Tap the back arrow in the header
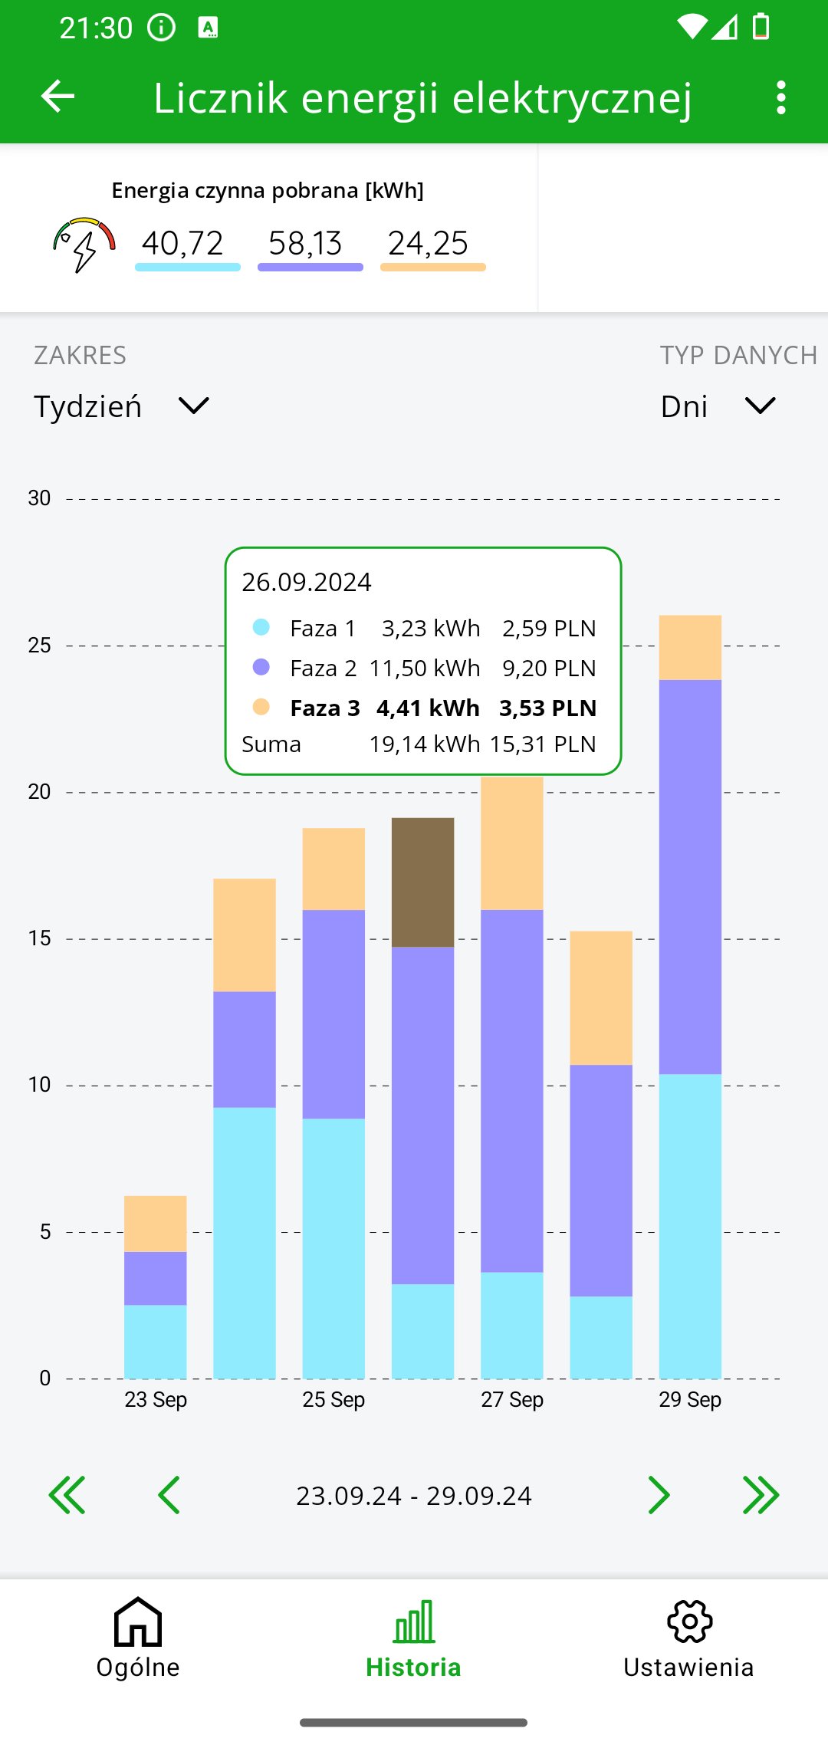(58, 97)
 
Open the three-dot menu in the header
(780, 98)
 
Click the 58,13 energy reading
(306, 244)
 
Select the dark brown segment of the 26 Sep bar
(422, 882)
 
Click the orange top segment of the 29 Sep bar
(690, 647)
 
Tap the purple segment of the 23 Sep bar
(156, 1278)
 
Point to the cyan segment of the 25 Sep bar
(333, 1247)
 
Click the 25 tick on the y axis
(39, 646)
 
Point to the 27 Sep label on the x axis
(512, 1400)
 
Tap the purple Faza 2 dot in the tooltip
(261, 667)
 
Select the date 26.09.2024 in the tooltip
(307, 583)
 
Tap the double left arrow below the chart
(67, 1495)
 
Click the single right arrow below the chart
(659, 1495)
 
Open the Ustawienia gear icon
(689, 1621)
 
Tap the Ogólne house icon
(138, 1621)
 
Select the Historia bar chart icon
(414, 1621)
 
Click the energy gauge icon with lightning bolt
(84, 244)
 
